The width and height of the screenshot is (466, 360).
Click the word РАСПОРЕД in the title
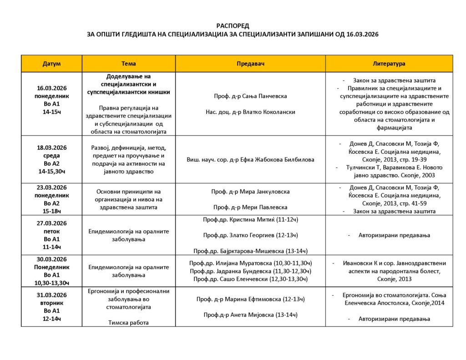tap(233, 26)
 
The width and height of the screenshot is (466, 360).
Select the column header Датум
tap(51, 64)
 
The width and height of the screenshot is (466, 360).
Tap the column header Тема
tap(129, 64)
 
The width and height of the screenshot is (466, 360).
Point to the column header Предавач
tap(250, 64)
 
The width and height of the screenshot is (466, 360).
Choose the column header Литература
tap(389, 64)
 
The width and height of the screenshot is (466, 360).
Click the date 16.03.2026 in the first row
tap(51, 89)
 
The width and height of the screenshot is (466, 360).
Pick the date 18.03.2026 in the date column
tap(51, 147)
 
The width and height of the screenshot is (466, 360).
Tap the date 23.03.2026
tap(51, 188)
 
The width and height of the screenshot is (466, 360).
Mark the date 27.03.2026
tap(51, 223)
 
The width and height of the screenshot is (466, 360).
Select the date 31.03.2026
tap(51, 295)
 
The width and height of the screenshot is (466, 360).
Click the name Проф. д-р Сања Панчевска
tap(250, 96)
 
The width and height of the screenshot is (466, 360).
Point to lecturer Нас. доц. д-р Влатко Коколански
tap(250, 112)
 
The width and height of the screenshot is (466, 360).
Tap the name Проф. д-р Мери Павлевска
tap(250, 207)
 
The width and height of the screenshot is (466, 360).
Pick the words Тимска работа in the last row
tap(129, 323)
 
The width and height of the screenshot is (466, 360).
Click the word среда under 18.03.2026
tap(51, 155)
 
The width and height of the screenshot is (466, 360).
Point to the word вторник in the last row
tap(51, 303)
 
